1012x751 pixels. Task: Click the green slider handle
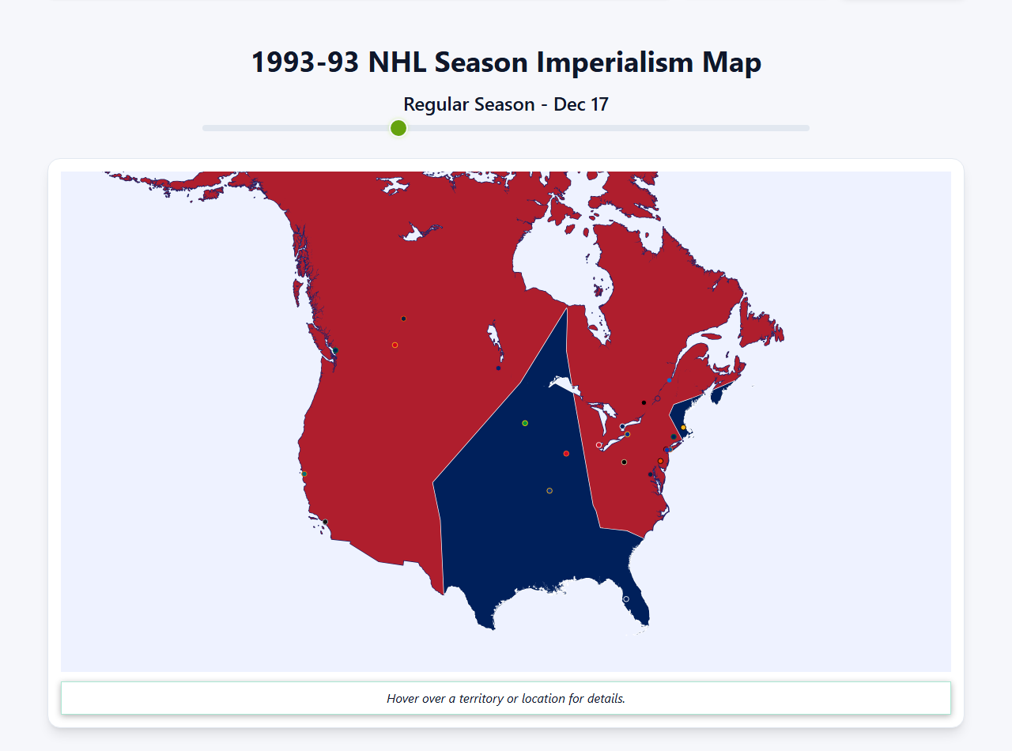[398, 128]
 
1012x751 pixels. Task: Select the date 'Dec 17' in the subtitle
[580, 104]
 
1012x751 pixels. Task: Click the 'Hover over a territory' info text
[505, 699]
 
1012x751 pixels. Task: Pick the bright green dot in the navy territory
[525, 424]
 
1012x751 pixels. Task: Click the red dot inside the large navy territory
[566, 454]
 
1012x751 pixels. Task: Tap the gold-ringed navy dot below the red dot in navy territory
[549, 491]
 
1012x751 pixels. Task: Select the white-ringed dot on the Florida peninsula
[626, 599]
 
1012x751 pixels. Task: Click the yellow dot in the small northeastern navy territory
[684, 428]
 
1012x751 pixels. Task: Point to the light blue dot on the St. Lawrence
[669, 380]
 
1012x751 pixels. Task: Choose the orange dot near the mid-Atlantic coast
[660, 461]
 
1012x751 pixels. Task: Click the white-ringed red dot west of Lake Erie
[599, 445]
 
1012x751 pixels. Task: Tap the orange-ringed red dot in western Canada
[395, 345]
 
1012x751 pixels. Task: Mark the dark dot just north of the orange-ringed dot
[403, 319]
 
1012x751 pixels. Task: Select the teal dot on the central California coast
[304, 474]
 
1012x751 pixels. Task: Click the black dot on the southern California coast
[325, 522]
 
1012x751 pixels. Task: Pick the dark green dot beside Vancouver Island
[335, 350]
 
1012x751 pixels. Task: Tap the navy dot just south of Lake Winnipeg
[498, 368]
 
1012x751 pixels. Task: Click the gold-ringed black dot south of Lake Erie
[624, 462]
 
